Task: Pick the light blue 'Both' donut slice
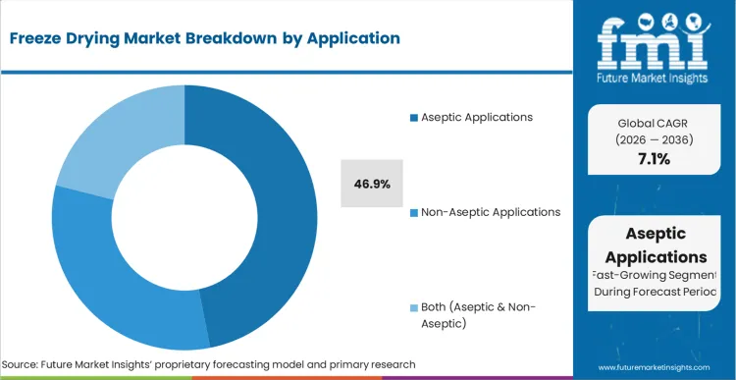click(x=108, y=128)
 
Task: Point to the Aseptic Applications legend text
click(x=477, y=117)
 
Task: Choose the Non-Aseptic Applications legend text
click(x=491, y=211)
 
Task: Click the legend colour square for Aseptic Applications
click(x=413, y=118)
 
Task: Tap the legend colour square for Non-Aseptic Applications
click(x=413, y=212)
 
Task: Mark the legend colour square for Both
click(x=413, y=307)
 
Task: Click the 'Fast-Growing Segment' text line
click(x=655, y=276)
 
